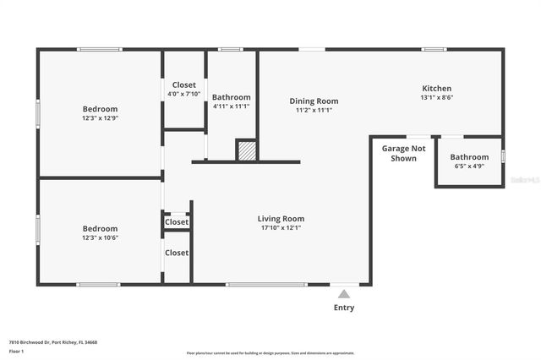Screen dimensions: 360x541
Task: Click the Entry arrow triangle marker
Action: coord(343,294)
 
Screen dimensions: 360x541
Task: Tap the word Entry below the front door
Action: coord(344,308)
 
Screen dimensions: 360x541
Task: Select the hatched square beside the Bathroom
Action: coord(246,150)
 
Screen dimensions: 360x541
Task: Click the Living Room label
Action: coord(281,219)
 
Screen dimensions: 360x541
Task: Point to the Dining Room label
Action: coord(314,101)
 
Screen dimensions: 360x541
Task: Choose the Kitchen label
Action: coord(436,88)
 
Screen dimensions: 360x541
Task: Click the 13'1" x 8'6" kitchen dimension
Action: coord(436,97)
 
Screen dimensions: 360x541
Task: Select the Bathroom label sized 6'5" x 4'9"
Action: coord(468,157)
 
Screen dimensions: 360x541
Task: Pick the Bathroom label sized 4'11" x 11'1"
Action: coord(231,97)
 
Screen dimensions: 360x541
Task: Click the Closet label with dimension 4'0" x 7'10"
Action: coord(183,85)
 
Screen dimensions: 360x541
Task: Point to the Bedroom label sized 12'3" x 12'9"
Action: coord(100,109)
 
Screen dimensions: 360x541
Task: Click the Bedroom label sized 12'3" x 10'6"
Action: coord(100,228)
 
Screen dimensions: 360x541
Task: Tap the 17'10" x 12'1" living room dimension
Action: coord(281,228)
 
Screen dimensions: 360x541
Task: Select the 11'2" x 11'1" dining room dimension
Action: coord(314,111)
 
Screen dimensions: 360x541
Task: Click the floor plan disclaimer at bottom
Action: coord(270,353)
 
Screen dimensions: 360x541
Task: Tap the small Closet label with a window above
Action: coord(177,222)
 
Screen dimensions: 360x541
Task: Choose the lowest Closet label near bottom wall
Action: coord(177,253)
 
